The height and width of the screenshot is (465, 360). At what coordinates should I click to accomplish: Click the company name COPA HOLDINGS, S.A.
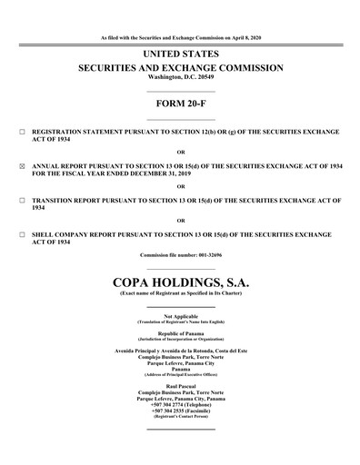[180, 282]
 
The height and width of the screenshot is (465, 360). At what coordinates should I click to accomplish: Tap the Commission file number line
[180, 255]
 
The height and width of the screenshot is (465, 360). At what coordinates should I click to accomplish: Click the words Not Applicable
[180, 315]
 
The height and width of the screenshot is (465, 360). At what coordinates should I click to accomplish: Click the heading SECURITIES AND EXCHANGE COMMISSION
[180, 69]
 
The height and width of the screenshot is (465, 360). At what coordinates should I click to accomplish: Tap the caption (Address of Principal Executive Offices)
[180, 375]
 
